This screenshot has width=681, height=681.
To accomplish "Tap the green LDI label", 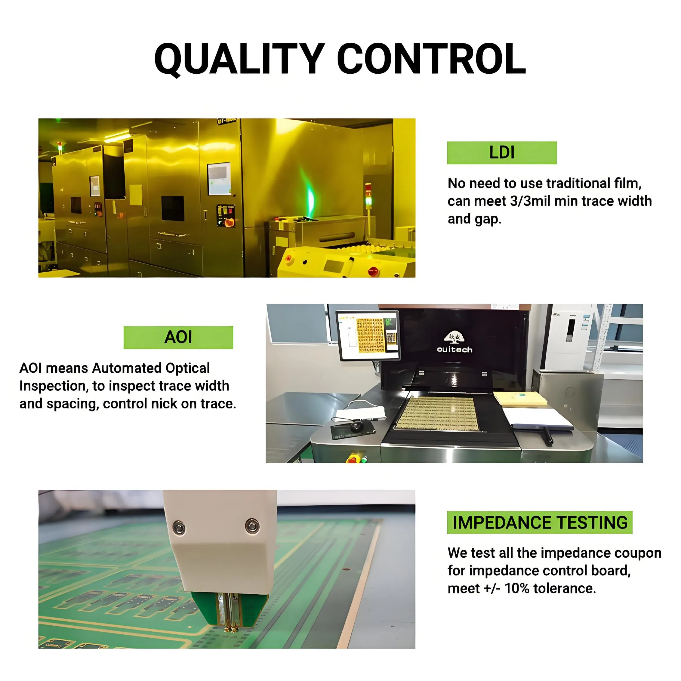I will point(502,153).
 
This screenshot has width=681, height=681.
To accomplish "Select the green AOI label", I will point(178,337).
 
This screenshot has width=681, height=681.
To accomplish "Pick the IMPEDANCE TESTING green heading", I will point(540,522).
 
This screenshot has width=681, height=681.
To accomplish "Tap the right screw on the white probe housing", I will point(252,526).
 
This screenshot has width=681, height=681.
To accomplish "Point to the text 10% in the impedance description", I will point(517,588).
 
